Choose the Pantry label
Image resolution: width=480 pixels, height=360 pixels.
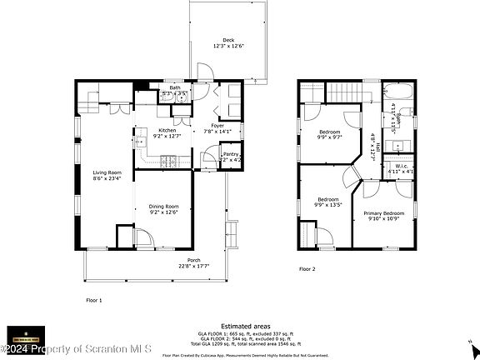pos(231,155)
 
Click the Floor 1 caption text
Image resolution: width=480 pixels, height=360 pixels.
pos(93,299)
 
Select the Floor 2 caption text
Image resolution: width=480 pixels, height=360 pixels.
pos(308,269)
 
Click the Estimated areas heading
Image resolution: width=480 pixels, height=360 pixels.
pos(239,326)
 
